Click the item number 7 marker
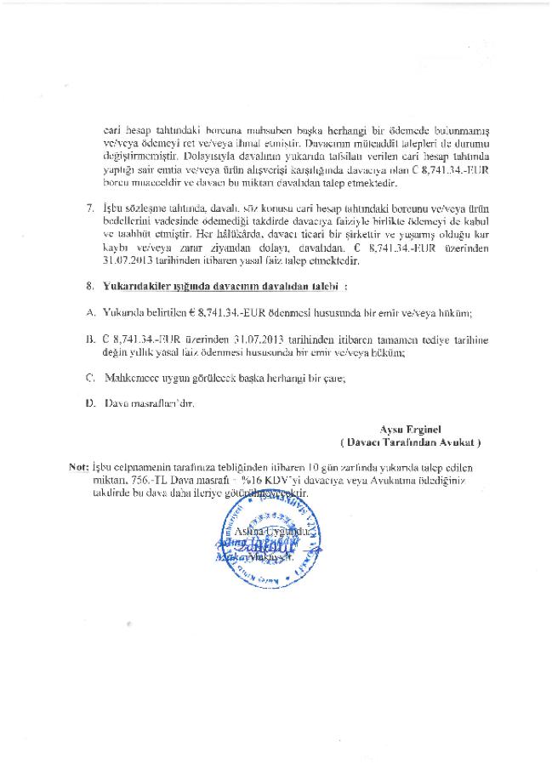pyautogui.click(x=91, y=208)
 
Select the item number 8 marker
pyautogui.click(x=91, y=289)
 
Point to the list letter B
pyautogui.click(x=90, y=339)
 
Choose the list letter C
pyautogui.click(x=90, y=376)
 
